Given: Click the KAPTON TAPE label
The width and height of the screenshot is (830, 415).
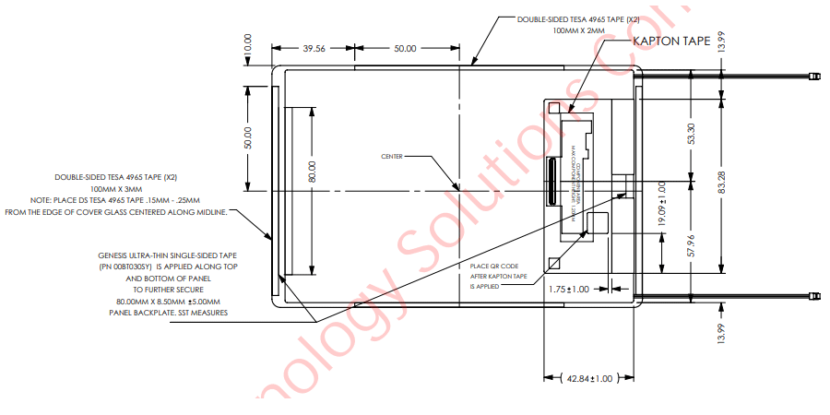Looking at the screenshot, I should (670, 41).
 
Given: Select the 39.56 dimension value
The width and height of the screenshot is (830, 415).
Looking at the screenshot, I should (314, 48).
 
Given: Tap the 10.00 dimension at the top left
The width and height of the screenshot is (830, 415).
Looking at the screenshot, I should (247, 43).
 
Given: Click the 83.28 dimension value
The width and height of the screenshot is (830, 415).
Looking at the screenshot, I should (721, 183).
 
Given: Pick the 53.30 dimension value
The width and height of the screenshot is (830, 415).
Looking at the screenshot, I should (692, 133).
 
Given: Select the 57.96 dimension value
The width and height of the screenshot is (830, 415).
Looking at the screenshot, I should (692, 250).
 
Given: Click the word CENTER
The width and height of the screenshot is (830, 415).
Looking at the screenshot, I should (392, 156).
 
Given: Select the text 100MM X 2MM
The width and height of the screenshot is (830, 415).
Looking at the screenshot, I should (578, 30).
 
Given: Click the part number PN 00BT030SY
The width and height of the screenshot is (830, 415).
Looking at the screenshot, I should (128, 266).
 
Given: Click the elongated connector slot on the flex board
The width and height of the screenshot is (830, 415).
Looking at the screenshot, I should (551, 184).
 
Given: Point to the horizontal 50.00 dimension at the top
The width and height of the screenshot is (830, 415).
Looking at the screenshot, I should (405, 48).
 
